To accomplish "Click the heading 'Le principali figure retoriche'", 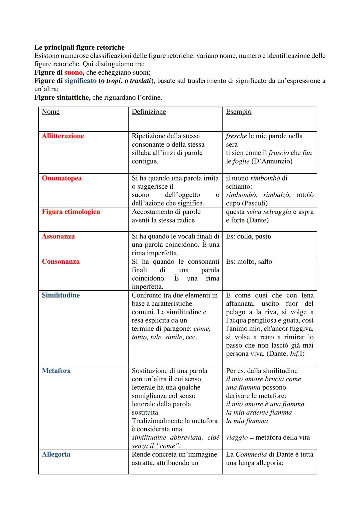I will coord(79,47).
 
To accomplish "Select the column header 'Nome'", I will coord(51,112).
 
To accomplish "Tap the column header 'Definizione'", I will coord(149,112).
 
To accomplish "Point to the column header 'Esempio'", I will coord(239,112).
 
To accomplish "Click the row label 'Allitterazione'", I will coord(63,136).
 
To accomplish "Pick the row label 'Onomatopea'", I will coord(62,178).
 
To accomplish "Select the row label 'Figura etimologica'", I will coord(71,212).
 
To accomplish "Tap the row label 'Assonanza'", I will coord(58,236).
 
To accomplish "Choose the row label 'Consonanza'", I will coord(61,262).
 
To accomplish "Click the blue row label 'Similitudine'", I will coord(61,295).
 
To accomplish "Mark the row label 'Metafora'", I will coord(56,371).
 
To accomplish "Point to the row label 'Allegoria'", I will coord(56,454).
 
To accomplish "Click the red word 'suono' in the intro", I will coord(73,72).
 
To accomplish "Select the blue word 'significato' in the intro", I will coord(81,81).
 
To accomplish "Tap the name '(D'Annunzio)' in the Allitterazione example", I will coord(272,161).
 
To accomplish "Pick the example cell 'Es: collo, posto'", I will coord(248,236).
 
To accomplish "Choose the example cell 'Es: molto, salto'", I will coord(249,262).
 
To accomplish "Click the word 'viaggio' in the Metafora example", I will coord(237,438).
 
